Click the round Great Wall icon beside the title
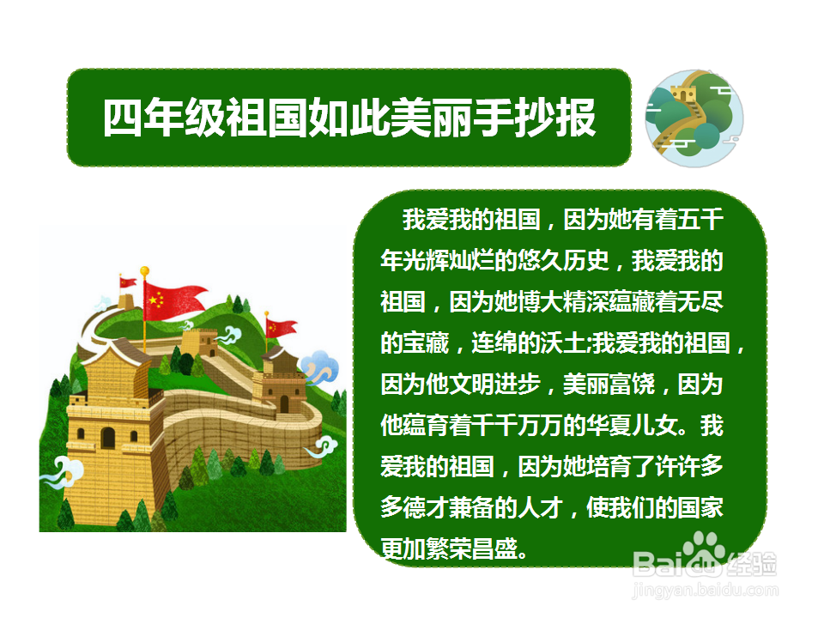coord(694,118)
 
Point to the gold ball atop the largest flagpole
coord(144,271)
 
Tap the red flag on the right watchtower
coord(281,327)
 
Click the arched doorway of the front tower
coord(107,438)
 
